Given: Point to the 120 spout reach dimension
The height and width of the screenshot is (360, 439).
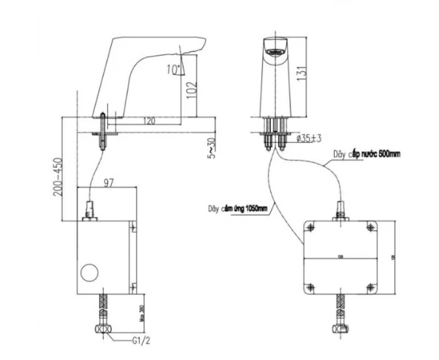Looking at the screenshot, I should pyautogui.click(x=149, y=120).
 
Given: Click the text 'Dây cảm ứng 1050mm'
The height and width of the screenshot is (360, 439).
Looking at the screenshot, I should pyautogui.click(x=238, y=208).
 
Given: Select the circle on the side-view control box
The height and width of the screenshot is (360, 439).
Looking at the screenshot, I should pyautogui.click(x=90, y=270).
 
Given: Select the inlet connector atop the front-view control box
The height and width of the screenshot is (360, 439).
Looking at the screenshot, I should pyautogui.click(x=341, y=216).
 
